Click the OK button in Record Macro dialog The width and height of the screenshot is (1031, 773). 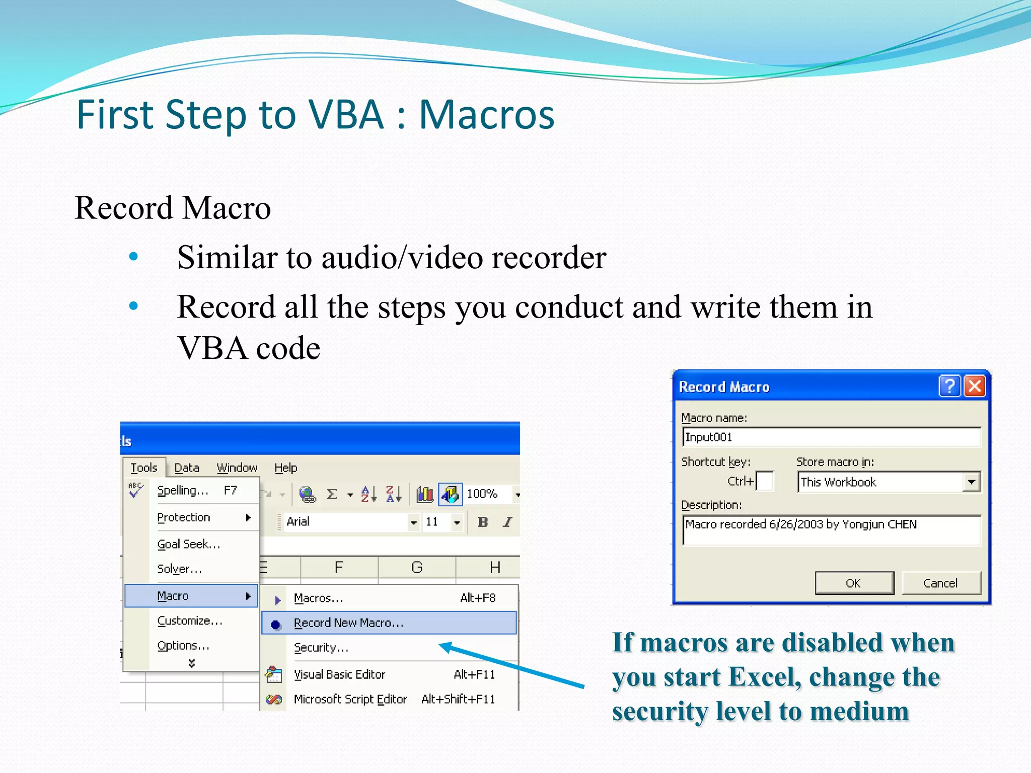(x=854, y=583)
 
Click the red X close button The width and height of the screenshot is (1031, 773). (x=975, y=386)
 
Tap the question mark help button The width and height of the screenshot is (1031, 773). (x=949, y=386)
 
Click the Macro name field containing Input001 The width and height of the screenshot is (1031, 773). (x=831, y=437)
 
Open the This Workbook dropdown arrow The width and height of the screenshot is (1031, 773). (x=971, y=482)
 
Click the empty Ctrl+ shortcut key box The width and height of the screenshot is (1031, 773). (x=765, y=481)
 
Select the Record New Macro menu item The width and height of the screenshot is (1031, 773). (x=348, y=623)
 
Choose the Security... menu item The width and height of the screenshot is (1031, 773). (x=321, y=648)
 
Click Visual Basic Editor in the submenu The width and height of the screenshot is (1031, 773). (x=339, y=674)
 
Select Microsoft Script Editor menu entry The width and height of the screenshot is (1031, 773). (x=350, y=699)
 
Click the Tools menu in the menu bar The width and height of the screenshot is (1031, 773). (x=143, y=468)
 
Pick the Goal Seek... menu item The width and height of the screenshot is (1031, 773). (x=188, y=544)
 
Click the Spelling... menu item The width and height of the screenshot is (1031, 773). (x=182, y=490)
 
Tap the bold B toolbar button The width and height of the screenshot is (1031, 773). (x=482, y=522)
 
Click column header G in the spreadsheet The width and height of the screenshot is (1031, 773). (x=416, y=568)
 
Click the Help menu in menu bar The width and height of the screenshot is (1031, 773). (x=285, y=468)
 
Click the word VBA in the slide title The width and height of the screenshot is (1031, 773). (x=346, y=115)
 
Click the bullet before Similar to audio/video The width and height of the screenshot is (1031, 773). (x=133, y=257)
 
